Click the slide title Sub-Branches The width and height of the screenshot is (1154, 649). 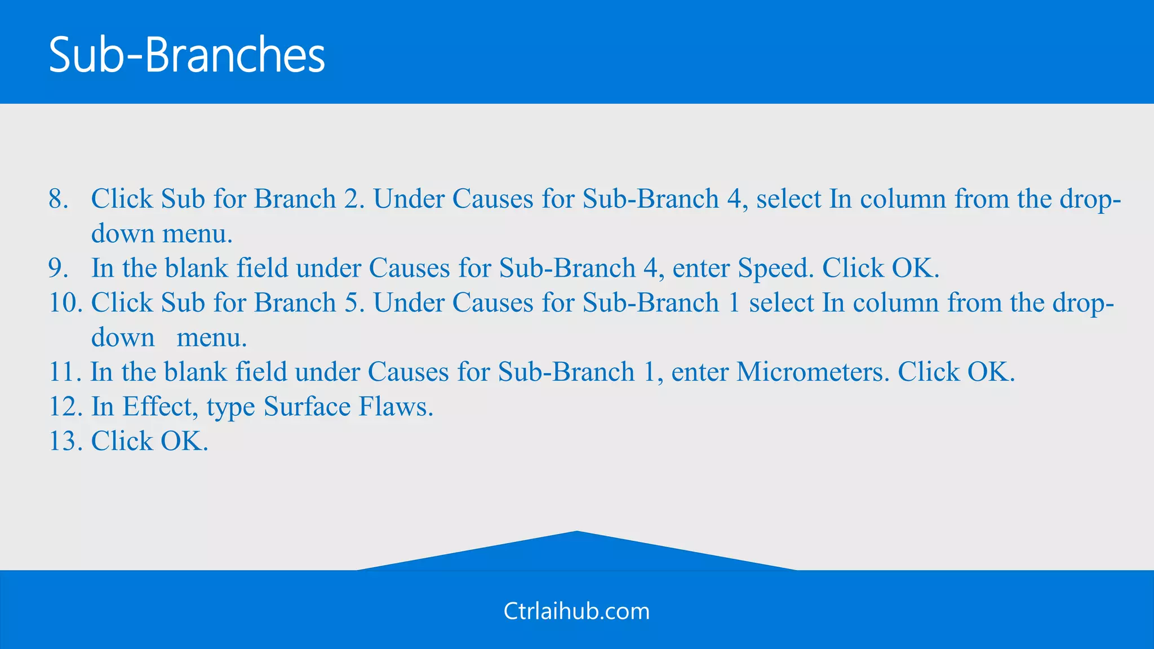tap(187, 55)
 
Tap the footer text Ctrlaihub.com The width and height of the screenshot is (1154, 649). tap(576, 611)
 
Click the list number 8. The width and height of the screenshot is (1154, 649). tap(58, 199)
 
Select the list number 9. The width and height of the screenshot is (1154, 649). tap(58, 268)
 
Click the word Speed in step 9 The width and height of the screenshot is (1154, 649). tap(775, 269)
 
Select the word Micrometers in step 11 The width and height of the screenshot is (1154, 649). tap(813, 372)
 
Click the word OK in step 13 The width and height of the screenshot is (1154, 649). tap(184, 441)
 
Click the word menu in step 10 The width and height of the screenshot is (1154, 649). tap(211, 338)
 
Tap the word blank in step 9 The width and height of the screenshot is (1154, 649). tap(197, 268)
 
